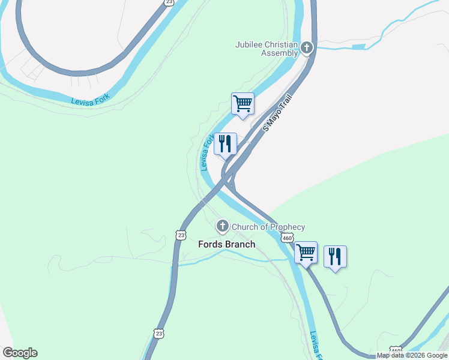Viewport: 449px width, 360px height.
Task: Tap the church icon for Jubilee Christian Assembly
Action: pyautogui.click(x=307, y=47)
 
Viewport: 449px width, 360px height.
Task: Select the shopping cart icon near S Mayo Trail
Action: pyautogui.click(x=243, y=104)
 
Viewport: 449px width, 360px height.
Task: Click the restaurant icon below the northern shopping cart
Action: pyautogui.click(x=225, y=144)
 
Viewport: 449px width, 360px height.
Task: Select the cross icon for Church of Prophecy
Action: pyautogui.click(x=222, y=226)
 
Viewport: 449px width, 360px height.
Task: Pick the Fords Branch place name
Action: pyautogui.click(x=227, y=244)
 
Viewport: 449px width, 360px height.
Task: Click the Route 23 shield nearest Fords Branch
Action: pyautogui.click(x=181, y=234)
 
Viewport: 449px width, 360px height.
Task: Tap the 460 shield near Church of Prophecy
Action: pyautogui.click(x=287, y=238)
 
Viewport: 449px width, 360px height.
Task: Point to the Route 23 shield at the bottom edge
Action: pyautogui.click(x=158, y=334)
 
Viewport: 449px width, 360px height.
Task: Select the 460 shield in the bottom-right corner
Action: pyautogui.click(x=395, y=350)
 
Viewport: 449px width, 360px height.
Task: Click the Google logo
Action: pyautogui.click(x=20, y=353)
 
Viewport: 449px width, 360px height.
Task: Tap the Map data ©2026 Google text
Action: pyautogui.click(x=412, y=356)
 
